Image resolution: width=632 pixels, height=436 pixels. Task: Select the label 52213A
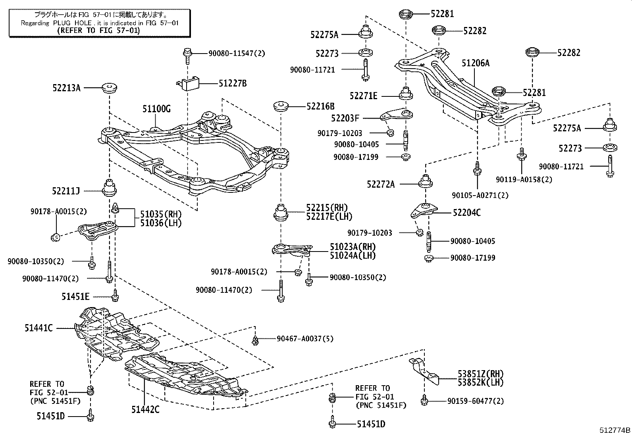[66, 88]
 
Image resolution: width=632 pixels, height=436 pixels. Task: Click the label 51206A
[476, 63]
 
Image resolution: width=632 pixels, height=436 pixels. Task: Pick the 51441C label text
[39, 328]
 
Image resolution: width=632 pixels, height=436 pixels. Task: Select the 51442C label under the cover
[145, 409]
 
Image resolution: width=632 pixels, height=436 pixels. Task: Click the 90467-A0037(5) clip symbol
[255, 339]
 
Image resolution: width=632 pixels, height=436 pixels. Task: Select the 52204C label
[467, 213]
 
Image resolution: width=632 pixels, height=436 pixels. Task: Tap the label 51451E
[75, 296]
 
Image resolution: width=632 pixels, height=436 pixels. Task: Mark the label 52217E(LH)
[329, 216]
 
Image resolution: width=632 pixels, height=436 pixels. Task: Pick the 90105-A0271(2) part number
[480, 195]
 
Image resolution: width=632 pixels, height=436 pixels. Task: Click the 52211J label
[66, 191]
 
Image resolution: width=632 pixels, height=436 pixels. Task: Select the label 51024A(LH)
[352, 255]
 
